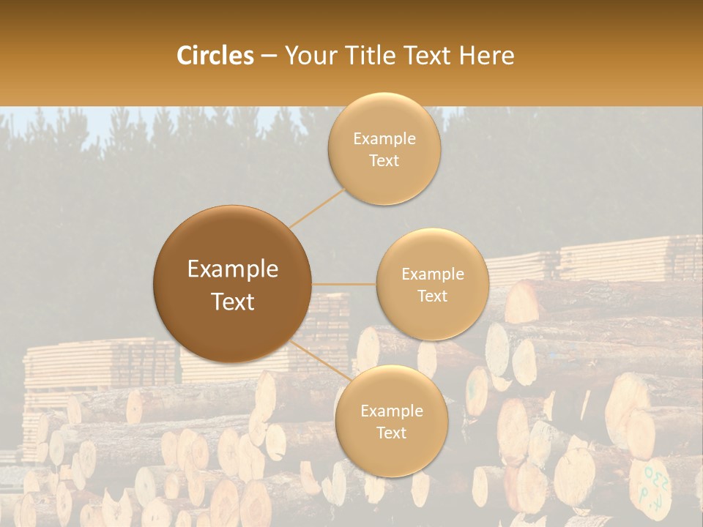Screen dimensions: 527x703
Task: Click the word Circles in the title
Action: pos(215,56)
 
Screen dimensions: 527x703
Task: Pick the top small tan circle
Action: pos(384,149)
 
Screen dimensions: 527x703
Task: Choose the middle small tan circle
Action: pos(432,284)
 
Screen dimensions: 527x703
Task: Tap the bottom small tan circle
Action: pos(391,421)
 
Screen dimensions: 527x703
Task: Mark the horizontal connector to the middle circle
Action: pos(343,284)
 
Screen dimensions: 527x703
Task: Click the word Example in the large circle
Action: pos(233,269)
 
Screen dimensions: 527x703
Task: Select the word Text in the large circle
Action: pos(233,302)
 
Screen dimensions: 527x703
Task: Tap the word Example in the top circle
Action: pos(384,138)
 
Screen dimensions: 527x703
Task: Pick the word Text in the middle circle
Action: pos(432,296)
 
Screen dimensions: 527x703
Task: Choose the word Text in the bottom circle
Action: pos(391,433)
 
